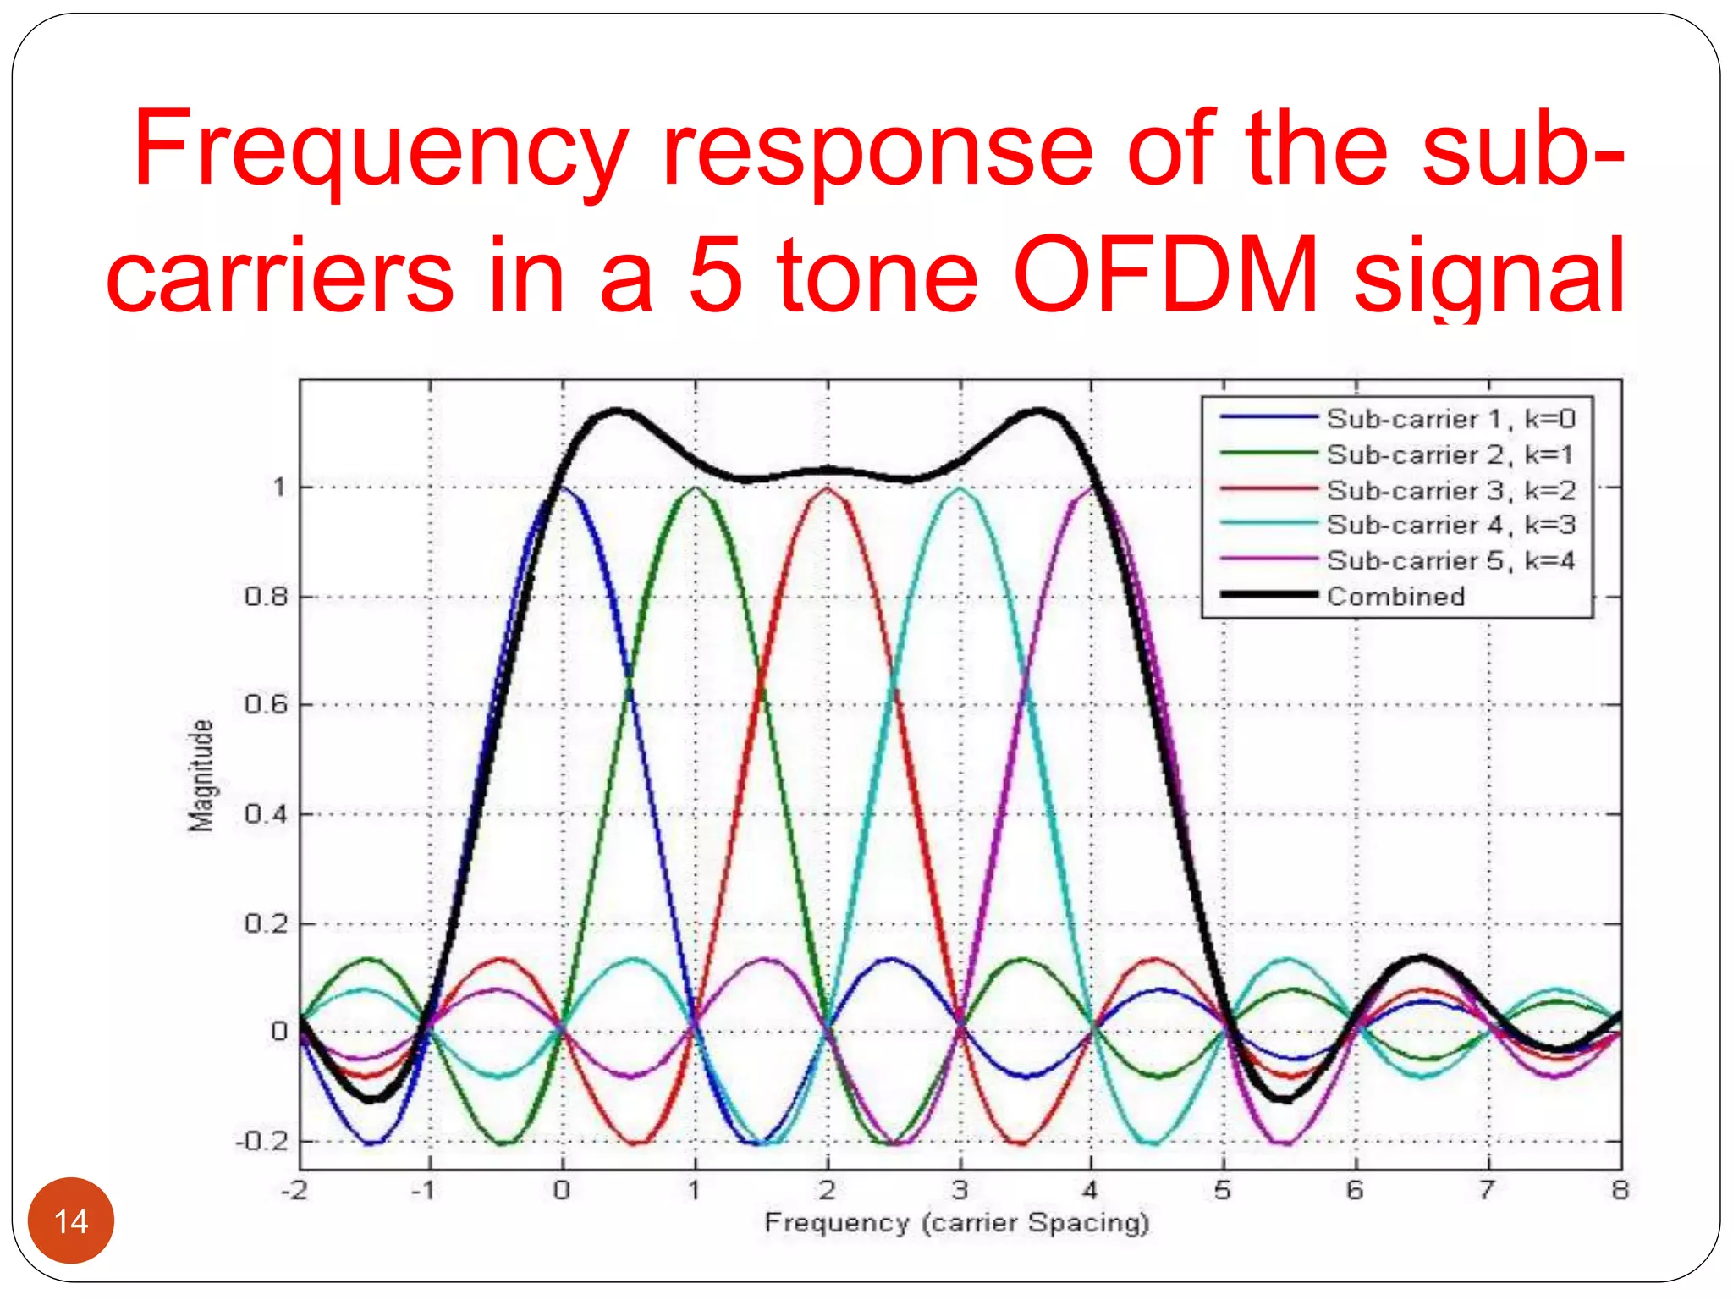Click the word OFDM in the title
(1165, 275)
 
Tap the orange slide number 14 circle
(71, 1220)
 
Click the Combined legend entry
(1395, 596)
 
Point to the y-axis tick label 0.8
(266, 597)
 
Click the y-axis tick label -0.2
(261, 1141)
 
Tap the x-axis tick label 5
(1222, 1190)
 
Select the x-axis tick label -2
(294, 1190)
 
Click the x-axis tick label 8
(1620, 1190)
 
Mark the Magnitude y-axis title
(201, 775)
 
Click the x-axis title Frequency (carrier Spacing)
(956, 1222)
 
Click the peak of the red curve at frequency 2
(828, 488)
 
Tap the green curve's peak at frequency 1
(696, 488)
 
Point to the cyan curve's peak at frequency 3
(960, 488)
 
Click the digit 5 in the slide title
(716, 275)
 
